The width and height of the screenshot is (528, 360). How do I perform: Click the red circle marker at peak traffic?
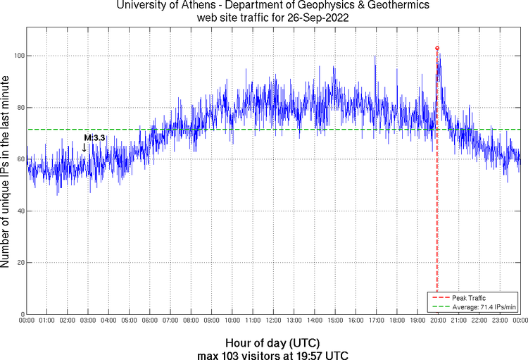[x=437, y=49]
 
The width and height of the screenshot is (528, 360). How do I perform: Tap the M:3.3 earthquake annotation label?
[x=94, y=137]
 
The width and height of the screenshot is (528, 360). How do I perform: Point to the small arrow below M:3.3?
[x=84, y=148]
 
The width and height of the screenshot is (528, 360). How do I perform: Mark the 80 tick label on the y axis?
[x=19, y=108]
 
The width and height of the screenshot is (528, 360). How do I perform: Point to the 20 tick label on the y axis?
[x=19, y=263]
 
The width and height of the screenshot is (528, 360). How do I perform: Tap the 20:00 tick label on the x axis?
[x=438, y=321]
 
